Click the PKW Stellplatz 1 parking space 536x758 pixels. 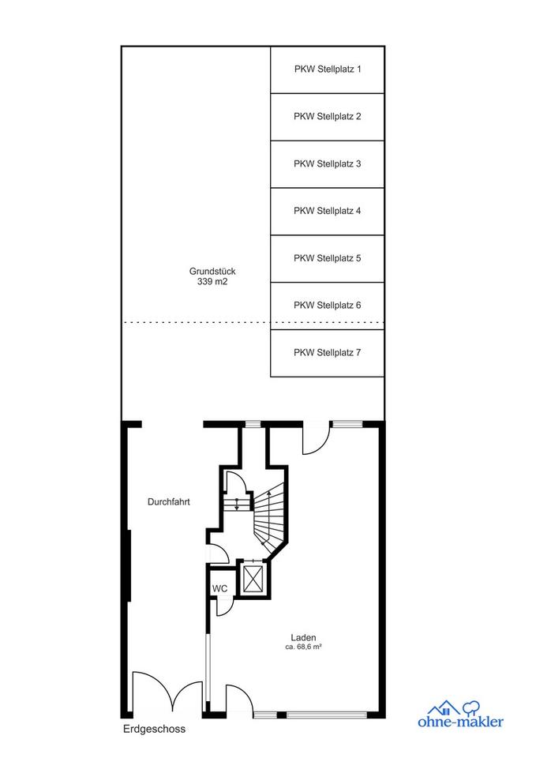[x=328, y=69]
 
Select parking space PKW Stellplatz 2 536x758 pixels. [x=328, y=117]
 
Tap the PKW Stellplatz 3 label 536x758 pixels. [x=328, y=164]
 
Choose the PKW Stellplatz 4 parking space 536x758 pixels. [x=328, y=212]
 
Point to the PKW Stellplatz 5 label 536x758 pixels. [x=328, y=258]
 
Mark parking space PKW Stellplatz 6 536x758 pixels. [x=328, y=306]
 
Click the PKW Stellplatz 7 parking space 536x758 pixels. [x=328, y=353]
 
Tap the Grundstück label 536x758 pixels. [x=212, y=272]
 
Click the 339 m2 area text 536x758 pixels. [x=212, y=281]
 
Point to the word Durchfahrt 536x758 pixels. [x=169, y=502]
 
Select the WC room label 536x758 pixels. [x=219, y=589]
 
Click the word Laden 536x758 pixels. [x=304, y=638]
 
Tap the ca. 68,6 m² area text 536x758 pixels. [x=304, y=647]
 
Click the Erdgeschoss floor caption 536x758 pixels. [x=154, y=729]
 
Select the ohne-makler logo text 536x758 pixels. [x=460, y=722]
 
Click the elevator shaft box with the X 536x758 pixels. [x=253, y=578]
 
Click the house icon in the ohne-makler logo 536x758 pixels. [x=444, y=707]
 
